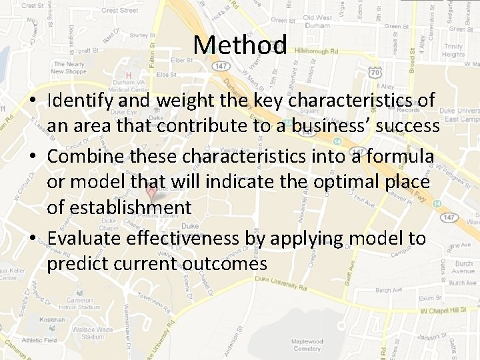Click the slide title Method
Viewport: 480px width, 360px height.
(240, 45)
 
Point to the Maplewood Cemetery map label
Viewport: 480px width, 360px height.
(307, 345)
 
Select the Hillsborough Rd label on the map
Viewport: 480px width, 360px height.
(317, 51)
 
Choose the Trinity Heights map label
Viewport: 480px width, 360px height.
(453, 51)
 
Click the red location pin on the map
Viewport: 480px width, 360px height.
(151, 193)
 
